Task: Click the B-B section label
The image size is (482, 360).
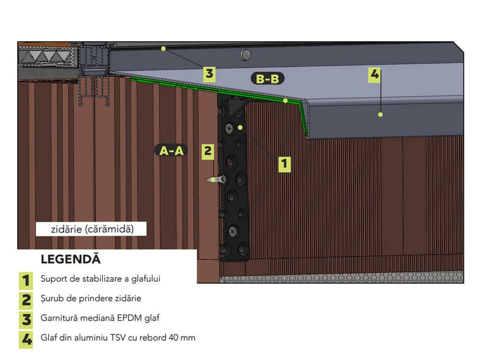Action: click(268, 79)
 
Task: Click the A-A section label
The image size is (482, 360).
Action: click(171, 150)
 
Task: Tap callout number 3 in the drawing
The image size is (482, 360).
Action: click(209, 74)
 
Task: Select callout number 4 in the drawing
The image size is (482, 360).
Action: click(374, 75)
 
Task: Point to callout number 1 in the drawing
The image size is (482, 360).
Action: click(284, 164)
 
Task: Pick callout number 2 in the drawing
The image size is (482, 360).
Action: click(208, 152)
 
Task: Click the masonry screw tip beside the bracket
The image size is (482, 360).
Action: click(208, 180)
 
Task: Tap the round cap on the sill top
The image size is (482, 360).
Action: click(246, 55)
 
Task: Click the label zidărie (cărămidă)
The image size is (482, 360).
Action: click(92, 229)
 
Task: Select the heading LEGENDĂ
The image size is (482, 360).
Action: click(71, 259)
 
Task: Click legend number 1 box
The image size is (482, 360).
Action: click(26, 280)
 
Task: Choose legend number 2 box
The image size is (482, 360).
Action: click(26, 300)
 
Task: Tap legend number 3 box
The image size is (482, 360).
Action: click(26, 320)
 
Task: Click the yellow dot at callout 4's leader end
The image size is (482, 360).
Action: click(381, 114)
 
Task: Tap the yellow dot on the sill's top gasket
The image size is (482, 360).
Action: click(163, 49)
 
